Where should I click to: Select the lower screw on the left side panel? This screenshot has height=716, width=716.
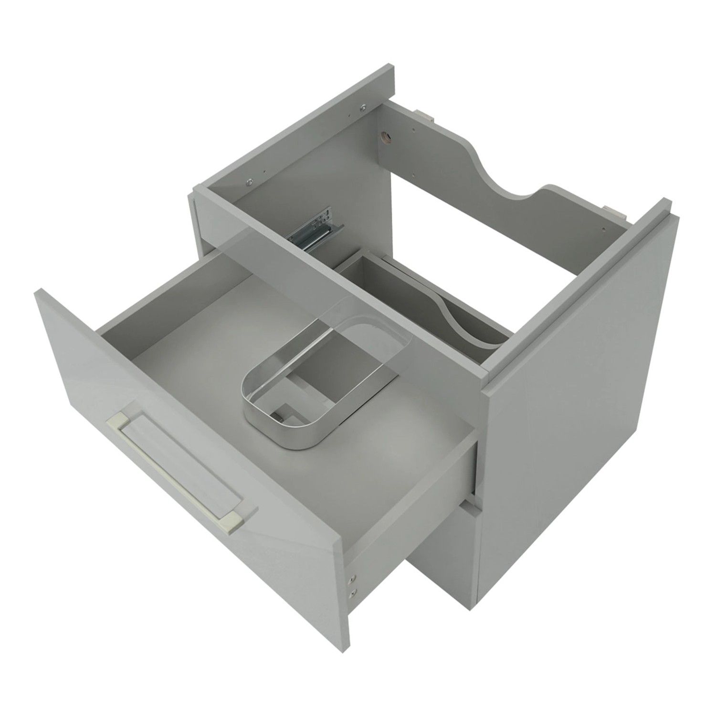tap(249, 182)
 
